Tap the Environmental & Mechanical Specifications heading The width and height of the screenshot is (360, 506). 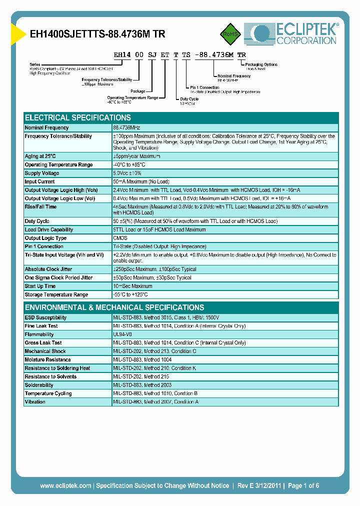(114, 307)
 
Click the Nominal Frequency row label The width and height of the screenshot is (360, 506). (47, 128)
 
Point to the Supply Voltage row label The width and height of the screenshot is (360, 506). (42, 173)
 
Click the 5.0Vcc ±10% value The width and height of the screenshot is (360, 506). (128, 173)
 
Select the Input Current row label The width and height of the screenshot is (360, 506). (40, 181)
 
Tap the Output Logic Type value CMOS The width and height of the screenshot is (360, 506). (120, 238)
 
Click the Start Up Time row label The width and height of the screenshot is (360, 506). (40, 286)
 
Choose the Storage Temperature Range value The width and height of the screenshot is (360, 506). (130, 294)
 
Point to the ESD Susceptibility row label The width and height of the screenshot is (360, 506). (45, 317)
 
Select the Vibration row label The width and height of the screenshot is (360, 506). (35, 401)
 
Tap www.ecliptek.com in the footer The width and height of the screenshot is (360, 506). (65, 485)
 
